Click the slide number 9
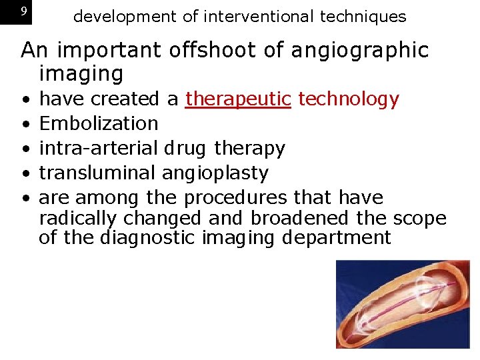click(24, 12)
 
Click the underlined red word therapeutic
click(238, 99)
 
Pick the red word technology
click(348, 99)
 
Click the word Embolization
click(99, 123)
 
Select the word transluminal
click(98, 173)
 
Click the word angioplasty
click(215, 173)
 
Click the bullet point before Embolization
click(25, 125)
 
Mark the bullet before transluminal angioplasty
click(25, 174)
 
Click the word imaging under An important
click(81, 73)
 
